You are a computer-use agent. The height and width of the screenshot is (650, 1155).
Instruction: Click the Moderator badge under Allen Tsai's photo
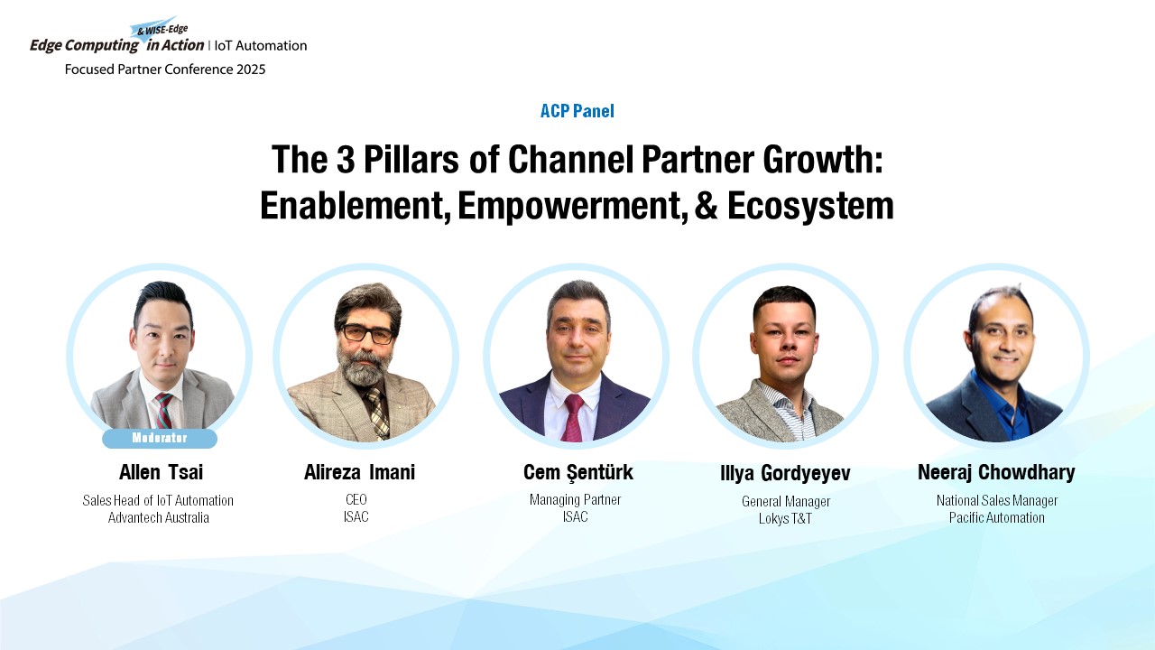(160, 438)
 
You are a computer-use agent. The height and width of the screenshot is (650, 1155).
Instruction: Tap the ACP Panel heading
(577, 111)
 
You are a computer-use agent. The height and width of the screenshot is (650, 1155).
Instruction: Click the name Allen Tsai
(161, 472)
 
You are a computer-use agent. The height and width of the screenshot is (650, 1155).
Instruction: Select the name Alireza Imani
(359, 472)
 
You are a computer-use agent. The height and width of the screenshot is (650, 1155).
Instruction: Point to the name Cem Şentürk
(578, 472)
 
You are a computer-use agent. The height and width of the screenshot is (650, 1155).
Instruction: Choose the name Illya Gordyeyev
(785, 474)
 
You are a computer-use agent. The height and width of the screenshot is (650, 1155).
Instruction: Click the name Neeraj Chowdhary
(996, 472)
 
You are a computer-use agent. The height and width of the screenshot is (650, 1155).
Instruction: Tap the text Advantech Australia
(158, 517)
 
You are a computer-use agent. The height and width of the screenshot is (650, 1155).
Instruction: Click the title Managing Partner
(576, 500)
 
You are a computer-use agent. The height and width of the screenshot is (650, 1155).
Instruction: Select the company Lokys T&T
(785, 518)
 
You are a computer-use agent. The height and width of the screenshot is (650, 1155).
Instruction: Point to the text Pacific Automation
(997, 517)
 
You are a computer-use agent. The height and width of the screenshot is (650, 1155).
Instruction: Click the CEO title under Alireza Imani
(356, 499)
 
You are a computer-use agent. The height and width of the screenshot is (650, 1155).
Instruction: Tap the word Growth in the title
(824, 160)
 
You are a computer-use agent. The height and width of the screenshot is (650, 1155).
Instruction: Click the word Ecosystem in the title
(810, 206)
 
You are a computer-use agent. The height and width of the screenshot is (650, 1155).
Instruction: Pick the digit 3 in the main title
(346, 160)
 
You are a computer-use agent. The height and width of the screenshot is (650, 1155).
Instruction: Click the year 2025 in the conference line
(251, 70)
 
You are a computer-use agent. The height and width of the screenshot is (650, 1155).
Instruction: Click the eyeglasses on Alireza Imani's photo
(367, 334)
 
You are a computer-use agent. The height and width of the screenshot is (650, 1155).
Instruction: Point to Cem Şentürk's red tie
(573, 417)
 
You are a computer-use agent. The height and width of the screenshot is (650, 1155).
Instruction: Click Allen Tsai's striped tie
(164, 410)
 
